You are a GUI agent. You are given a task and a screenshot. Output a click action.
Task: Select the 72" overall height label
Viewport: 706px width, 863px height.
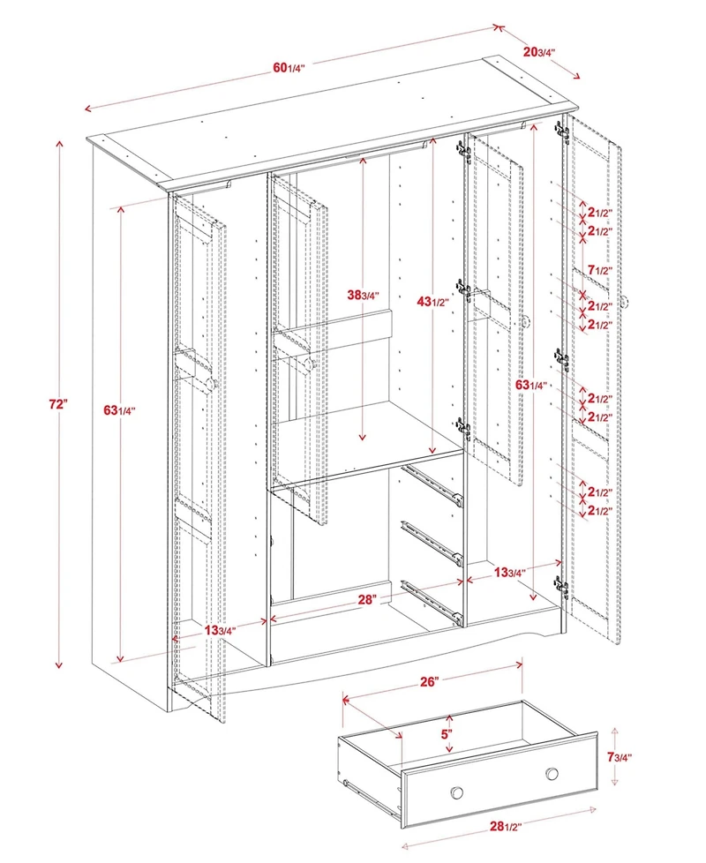click(x=58, y=404)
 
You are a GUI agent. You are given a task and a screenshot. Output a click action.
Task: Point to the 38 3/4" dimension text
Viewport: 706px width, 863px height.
click(x=363, y=295)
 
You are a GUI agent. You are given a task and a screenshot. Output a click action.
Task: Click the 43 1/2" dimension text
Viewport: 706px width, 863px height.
click(x=432, y=302)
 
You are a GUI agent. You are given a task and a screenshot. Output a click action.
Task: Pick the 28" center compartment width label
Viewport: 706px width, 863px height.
click(x=368, y=599)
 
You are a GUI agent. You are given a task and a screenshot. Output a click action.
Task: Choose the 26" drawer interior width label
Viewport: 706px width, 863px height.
click(x=430, y=682)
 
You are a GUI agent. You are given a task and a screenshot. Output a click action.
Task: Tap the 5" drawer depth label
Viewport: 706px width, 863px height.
click(x=447, y=733)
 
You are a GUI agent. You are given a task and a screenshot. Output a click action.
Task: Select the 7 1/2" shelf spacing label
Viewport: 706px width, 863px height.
click(x=599, y=269)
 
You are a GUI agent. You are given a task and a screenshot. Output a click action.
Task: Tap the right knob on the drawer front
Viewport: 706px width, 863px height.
click(x=552, y=774)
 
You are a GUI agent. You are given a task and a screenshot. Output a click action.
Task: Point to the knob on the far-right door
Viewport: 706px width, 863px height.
click(x=627, y=302)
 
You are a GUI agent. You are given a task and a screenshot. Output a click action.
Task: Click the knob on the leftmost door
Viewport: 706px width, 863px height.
click(x=213, y=383)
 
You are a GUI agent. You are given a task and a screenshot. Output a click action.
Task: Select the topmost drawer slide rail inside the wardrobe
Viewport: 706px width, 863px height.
click(x=432, y=484)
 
